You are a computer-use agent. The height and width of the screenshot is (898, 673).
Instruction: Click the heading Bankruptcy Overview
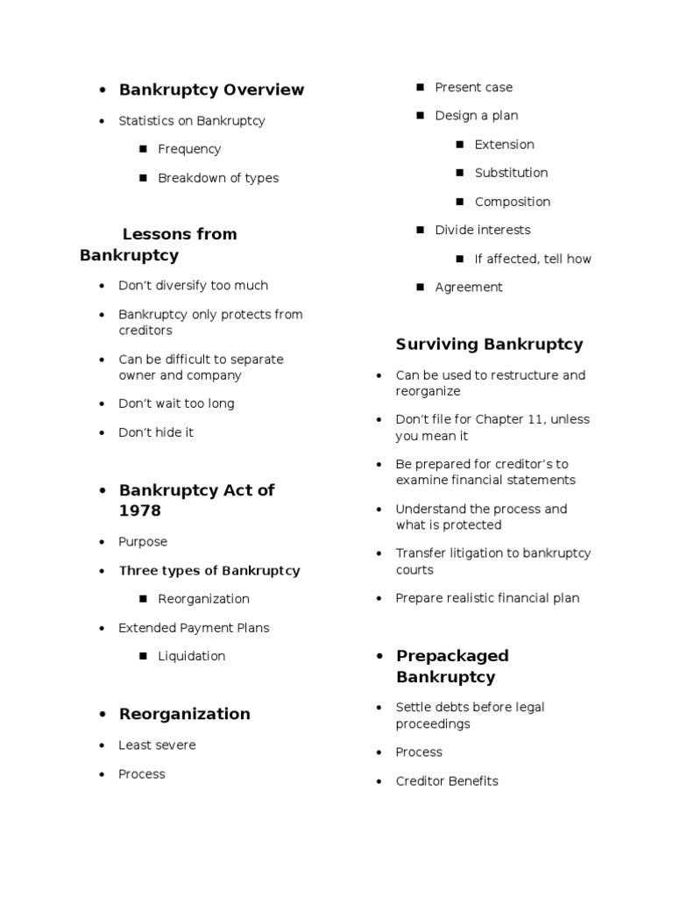pyautogui.click(x=211, y=89)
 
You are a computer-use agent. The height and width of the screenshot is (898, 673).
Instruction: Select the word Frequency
pyautogui.click(x=189, y=149)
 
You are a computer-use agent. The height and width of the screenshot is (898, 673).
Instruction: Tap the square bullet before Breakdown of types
pyautogui.click(x=142, y=178)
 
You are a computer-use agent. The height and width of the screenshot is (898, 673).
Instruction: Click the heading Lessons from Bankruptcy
pyautogui.click(x=158, y=245)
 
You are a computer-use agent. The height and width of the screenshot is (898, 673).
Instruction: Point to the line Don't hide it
pyautogui.click(x=156, y=432)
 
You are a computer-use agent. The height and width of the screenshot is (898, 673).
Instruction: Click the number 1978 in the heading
pyautogui.click(x=140, y=510)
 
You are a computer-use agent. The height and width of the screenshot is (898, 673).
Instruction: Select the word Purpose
pyautogui.click(x=143, y=542)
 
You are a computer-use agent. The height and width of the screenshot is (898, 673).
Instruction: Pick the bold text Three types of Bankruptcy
pyautogui.click(x=209, y=571)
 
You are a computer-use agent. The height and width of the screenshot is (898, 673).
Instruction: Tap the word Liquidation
pyautogui.click(x=192, y=656)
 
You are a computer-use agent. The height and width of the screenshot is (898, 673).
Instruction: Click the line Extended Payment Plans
pyautogui.click(x=194, y=628)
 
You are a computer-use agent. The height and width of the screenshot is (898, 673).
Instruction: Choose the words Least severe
pyautogui.click(x=157, y=745)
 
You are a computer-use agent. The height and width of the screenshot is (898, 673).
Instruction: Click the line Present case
pyautogui.click(x=473, y=88)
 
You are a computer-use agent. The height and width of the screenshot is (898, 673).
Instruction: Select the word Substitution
pyautogui.click(x=511, y=173)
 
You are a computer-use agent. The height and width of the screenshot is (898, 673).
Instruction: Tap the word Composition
pyautogui.click(x=513, y=202)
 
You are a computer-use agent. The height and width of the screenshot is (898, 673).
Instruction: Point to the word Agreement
pyautogui.click(x=469, y=287)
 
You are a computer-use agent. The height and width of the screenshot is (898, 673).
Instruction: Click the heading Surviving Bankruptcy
pyautogui.click(x=489, y=345)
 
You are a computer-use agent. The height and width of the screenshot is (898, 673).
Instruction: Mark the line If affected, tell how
pyautogui.click(x=533, y=259)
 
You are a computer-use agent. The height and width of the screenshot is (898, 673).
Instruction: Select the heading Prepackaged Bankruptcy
pyautogui.click(x=452, y=666)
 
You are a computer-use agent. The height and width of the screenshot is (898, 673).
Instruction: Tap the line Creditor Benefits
pyautogui.click(x=447, y=781)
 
